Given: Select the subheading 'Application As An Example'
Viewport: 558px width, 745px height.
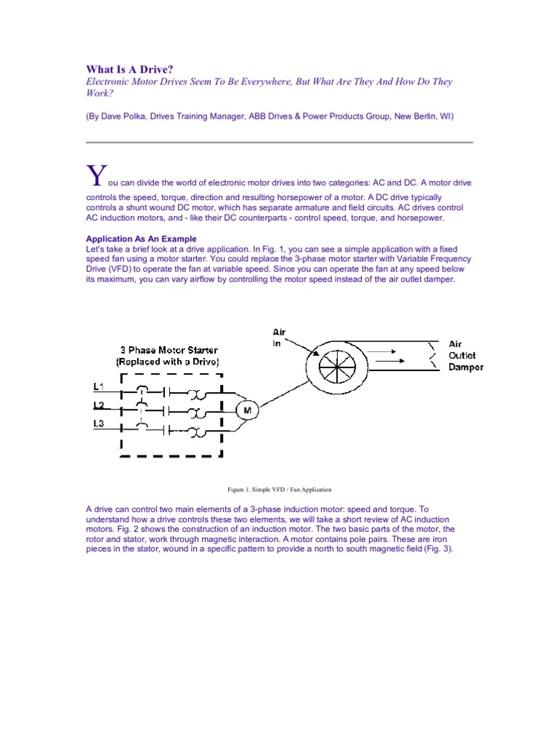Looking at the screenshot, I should coord(141,239).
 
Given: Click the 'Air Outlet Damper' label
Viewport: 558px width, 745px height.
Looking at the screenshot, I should coord(466,356).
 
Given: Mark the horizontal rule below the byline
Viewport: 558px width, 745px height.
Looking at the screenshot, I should coord(279,142).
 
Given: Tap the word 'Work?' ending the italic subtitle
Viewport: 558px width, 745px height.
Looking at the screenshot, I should coord(100,94).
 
